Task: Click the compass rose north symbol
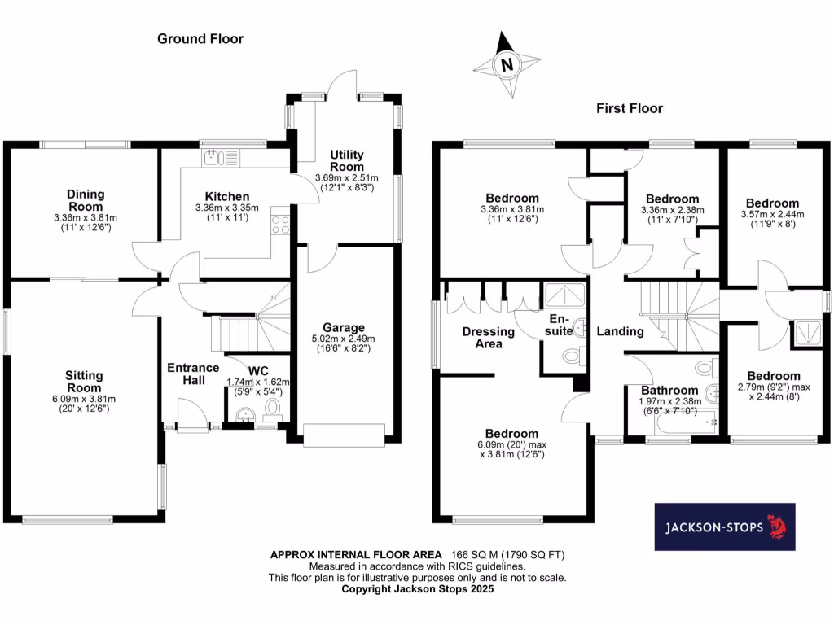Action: [x=507, y=64]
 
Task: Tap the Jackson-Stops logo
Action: [x=725, y=527]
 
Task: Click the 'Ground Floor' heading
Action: [x=200, y=38]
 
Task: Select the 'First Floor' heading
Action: [x=630, y=108]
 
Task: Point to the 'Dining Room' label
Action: [x=85, y=200]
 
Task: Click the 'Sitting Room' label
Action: [x=85, y=381]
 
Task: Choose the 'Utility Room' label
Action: [x=347, y=160]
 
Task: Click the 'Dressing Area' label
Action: [x=488, y=337]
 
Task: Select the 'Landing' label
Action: [x=620, y=331]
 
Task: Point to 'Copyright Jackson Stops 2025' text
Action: [x=417, y=588]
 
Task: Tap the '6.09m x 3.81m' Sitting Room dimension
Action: [x=85, y=399]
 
